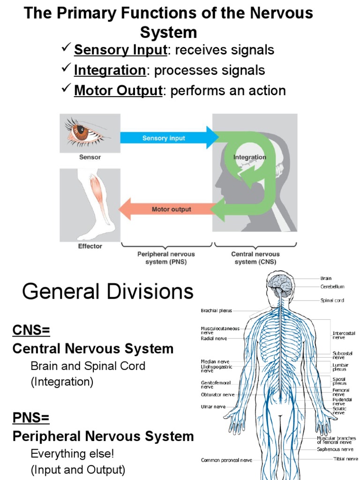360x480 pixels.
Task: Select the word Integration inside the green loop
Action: tap(250, 157)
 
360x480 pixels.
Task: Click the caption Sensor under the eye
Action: tap(90, 157)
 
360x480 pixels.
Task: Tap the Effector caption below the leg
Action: tap(90, 246)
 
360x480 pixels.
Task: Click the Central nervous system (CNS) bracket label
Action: tap(255, 258)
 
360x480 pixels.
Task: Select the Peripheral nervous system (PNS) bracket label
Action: tap(166, 258)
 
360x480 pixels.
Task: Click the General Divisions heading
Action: tap(108, 292)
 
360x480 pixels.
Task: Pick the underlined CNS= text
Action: tap(31, 330)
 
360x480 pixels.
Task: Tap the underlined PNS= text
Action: tap(31, 417)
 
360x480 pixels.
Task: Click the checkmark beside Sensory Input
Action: tap(66, 49)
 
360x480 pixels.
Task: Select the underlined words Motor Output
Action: tap(118, 90)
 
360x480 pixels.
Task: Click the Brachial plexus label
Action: tap(216, 310)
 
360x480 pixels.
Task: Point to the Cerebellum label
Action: tap(332, 286)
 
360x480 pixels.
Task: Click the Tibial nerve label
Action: tap(345, 458)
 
